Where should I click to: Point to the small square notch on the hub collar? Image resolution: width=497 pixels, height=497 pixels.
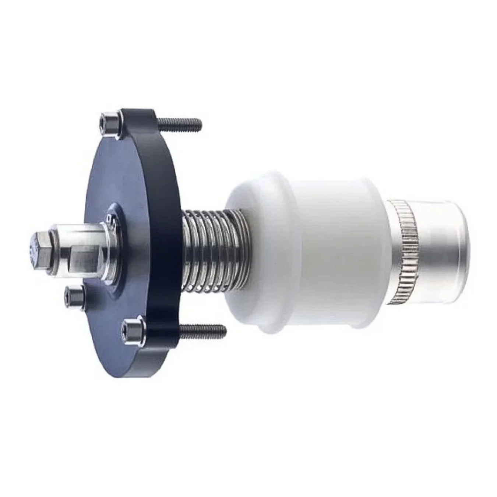(x=109, y=219)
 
